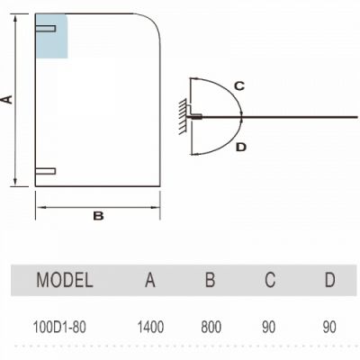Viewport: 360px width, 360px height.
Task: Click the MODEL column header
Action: tap(65, 280)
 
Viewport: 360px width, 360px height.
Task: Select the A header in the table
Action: tap(150, 280)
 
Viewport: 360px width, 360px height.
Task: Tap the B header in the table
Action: tap(210, 280)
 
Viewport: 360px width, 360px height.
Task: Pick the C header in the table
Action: tap(270, 280)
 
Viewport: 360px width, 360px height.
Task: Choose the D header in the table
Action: tap(329, 280)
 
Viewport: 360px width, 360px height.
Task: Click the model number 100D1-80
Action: tap(59, 327)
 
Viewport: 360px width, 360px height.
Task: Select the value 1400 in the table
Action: tap(150, 327)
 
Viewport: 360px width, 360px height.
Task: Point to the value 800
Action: tap(211, 327)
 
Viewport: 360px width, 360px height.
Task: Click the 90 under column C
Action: tap(268, 327)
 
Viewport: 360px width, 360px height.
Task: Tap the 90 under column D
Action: tap(329, 327)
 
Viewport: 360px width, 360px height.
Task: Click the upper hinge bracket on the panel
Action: tap(46, 29)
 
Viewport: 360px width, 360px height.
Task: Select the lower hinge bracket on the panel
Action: tap(46, 171)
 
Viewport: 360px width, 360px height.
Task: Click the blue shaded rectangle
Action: tap(51, 36)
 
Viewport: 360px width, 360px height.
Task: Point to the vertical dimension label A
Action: tap(7, 99)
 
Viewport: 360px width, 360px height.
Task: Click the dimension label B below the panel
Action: tap(98, 216)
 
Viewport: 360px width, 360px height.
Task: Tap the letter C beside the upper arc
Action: tap(239, 86)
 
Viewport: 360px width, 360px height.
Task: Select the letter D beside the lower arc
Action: tap(241, 148)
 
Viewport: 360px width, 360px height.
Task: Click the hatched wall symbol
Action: tap(183, 116)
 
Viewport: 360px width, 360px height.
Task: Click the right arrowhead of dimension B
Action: tap(157, 207)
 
